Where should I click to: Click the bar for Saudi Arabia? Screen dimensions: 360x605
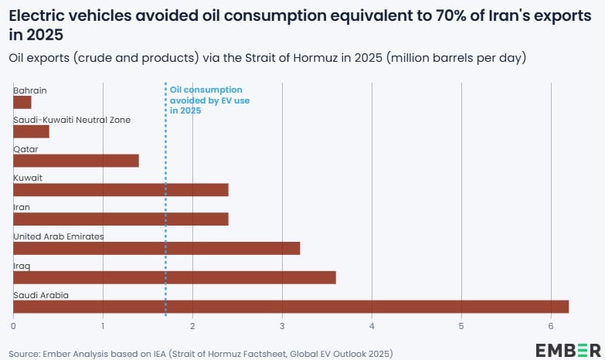[x=291, y=307]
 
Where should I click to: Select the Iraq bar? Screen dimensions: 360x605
[x=174, y=277]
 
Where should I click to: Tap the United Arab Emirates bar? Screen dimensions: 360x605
[x=156, y=248]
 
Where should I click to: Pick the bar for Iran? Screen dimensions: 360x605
[x=121, y=219]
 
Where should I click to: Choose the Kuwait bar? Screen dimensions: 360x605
[x=121, y=189]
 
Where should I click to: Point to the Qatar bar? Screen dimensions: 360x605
[x=76, y=161]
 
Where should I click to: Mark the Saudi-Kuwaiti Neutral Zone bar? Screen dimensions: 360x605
[x=31, y=131]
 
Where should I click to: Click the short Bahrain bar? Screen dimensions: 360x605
[x=22, y=102]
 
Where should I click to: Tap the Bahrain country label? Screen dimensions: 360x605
[x=30, y=90]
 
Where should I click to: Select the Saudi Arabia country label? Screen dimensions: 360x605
[x=41, y=295]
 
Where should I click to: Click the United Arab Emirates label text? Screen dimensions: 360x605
[x=59, y=236]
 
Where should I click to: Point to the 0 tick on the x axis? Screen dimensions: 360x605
[x=13, y=325]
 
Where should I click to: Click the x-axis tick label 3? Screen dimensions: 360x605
[x=282, y=325]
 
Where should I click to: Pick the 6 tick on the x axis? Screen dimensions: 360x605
[x=551, y=325]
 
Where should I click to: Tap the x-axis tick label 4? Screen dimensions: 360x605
[x=372, y=325]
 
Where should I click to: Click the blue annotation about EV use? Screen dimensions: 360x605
[x=209, y=100]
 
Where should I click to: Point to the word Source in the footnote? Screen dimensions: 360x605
[x=24, y=353]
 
